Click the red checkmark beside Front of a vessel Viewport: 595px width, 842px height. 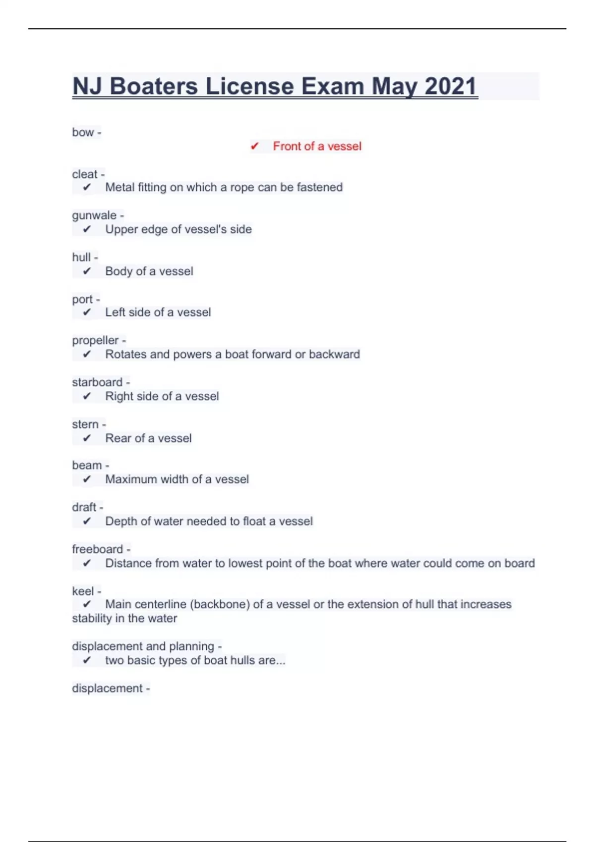[x=254, y=146]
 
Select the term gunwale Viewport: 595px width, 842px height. [x=94, y=215]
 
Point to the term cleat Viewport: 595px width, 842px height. [x=85, y=174]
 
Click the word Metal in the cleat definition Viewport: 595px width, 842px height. [x=119, y=187]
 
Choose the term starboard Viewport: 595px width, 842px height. [x=97, y=382]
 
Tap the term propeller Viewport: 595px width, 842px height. [x=95, y=341]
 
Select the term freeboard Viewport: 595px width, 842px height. [x=97, y=549]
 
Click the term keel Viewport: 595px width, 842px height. [x=83, y=591]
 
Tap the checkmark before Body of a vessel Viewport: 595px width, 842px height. [x=87, y=271]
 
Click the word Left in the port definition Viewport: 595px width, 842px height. [x=115, y=312]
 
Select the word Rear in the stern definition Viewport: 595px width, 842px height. [x=118, y=438]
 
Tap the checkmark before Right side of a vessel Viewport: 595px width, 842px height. [x=87, y=396]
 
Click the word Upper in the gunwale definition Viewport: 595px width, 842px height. [x=121, y=229]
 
